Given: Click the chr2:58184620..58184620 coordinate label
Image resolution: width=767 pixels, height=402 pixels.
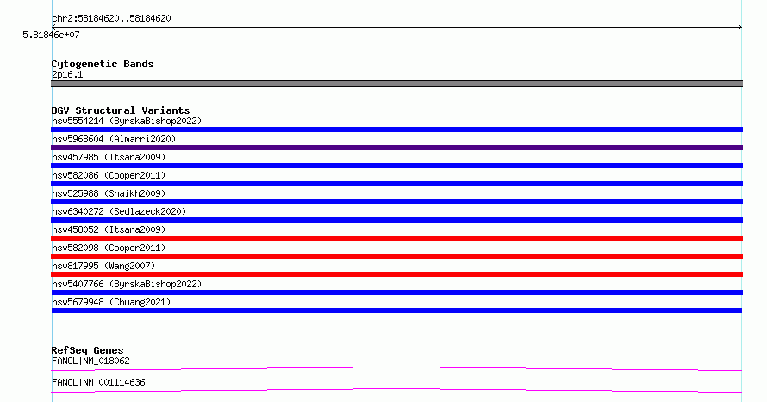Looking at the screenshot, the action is [x=111, y=19].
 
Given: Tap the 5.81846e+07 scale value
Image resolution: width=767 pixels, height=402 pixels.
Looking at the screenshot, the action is [x=51, y=35].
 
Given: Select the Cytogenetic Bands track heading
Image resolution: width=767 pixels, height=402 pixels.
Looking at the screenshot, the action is [x=103, y=64].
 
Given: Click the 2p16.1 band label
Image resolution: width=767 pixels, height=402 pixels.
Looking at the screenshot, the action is [x=67, y=74].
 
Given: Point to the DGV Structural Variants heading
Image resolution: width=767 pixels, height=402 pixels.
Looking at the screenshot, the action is [x=121, y=110].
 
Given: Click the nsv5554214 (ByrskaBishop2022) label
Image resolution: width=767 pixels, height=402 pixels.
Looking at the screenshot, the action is [x=127, y=121].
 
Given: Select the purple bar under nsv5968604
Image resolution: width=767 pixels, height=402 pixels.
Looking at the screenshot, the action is [x=396, y=148].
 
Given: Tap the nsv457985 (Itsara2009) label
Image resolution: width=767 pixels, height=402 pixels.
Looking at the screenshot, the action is [x=109, y=157].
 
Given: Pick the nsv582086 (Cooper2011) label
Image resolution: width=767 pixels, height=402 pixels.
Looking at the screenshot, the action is [x=109, y=175].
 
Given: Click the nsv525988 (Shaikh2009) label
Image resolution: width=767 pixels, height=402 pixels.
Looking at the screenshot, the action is [x=109, y=193].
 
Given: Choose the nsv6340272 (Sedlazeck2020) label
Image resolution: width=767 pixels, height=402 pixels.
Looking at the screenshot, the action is [x=119, y=211].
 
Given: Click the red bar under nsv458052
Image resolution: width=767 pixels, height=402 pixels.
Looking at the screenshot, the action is [x=396, y=238].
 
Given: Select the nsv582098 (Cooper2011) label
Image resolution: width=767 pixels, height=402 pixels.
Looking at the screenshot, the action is [x=109, y=248].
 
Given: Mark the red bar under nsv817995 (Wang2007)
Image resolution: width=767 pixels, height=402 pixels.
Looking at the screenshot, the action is [x=396, y=274].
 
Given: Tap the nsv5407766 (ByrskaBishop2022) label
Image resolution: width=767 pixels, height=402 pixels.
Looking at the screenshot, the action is [x=127, y=284].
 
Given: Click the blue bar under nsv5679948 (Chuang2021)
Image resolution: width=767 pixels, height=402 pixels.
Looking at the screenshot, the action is [x=396, y=311].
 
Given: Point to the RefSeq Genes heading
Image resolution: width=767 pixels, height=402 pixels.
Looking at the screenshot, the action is [x=88, y=350].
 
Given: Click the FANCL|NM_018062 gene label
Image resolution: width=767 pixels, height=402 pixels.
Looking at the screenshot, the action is [x=90, y=361].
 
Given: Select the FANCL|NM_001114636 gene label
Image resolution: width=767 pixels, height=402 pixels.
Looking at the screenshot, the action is [x=98, y=382].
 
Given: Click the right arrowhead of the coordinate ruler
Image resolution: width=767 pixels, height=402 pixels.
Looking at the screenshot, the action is [x=741, y=28].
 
